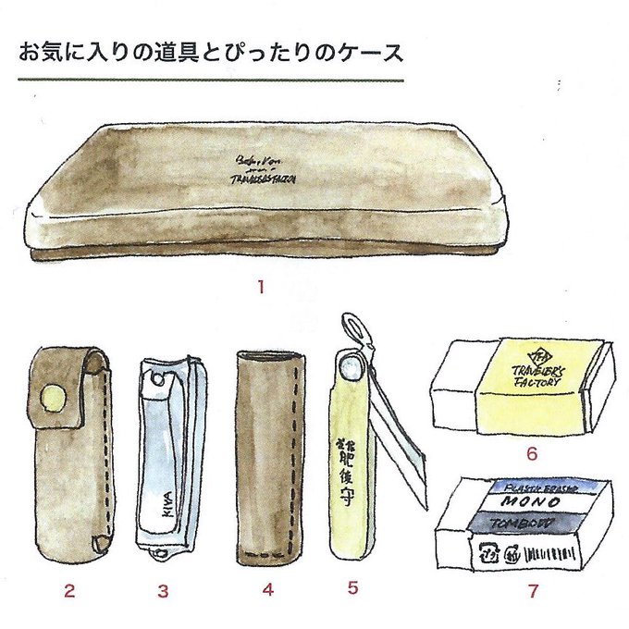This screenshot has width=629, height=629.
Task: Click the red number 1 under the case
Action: click(x=261, y=287)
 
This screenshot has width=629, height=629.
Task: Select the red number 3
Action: click(x=163, y=589)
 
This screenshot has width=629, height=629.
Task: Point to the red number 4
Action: click(x=268, y=589)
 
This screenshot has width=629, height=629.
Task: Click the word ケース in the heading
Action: click(x=374, y=52)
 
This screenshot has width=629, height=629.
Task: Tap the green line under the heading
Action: click(x=211, y=80)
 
